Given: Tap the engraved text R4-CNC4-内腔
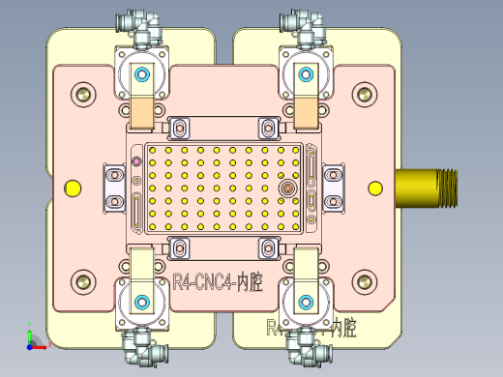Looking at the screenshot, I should [218, 283].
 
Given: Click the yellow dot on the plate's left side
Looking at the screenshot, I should [72, 188].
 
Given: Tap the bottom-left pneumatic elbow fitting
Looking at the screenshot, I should [135, 345].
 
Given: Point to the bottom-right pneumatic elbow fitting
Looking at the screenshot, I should [300, 345].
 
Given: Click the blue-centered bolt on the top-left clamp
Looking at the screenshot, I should [142, 74].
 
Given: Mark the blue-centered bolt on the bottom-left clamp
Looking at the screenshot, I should [142, 299].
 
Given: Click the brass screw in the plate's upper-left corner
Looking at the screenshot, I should [83, 95].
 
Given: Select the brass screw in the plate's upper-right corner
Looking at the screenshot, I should [364, 95].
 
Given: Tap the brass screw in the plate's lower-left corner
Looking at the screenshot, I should [83, 281].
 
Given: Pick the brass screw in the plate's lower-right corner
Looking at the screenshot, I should [364, 281].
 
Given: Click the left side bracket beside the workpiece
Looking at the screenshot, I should [114, 188].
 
